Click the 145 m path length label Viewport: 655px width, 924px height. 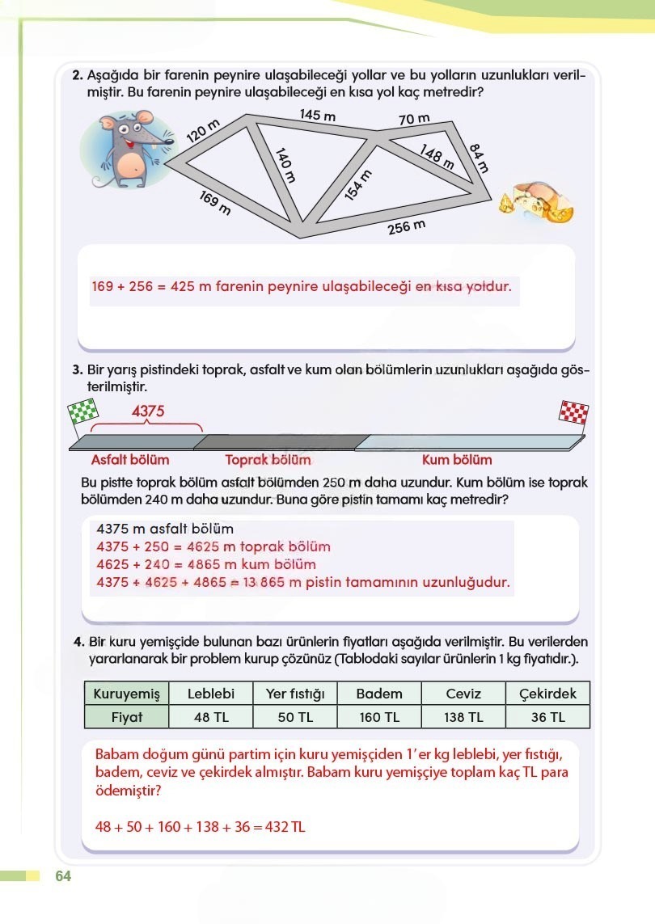point(317,116)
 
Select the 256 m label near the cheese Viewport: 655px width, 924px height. point(406,227)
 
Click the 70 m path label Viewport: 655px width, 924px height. point(413,120)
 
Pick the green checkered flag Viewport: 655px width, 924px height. point(78,415)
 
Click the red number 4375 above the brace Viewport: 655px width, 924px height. point(148,411)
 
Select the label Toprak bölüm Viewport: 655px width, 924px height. point(268,460)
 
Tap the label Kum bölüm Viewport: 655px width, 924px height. point(457,460)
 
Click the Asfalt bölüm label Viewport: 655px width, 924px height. point(130,460)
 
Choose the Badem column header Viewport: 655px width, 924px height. point(378,694)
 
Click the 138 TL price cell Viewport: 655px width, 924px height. point(463,717)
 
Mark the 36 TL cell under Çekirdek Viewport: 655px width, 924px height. point(547,717)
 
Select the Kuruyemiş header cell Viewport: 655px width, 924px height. point(127,694)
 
